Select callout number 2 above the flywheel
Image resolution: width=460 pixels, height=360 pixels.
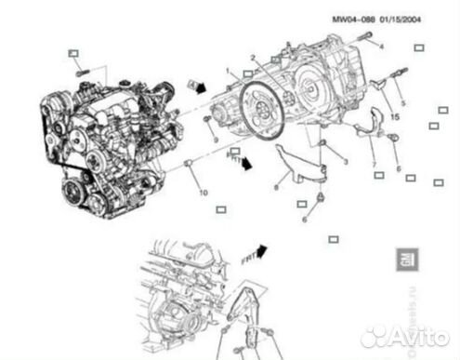(x=252, y=60)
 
